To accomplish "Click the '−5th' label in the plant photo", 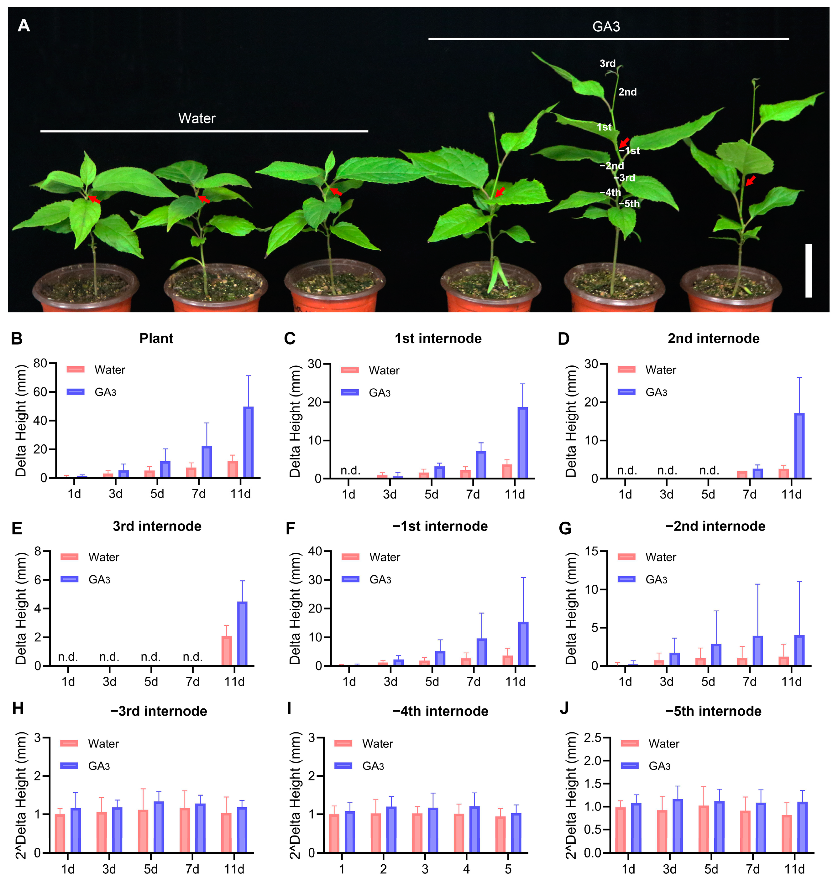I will coord(629,204).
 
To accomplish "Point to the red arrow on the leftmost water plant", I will coord(94,199).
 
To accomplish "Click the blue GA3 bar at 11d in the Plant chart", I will coord(249,442).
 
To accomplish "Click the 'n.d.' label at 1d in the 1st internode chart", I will coord(350,470).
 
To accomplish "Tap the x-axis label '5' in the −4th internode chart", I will coord(508,869).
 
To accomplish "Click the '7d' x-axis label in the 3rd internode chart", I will coord(192,681).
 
